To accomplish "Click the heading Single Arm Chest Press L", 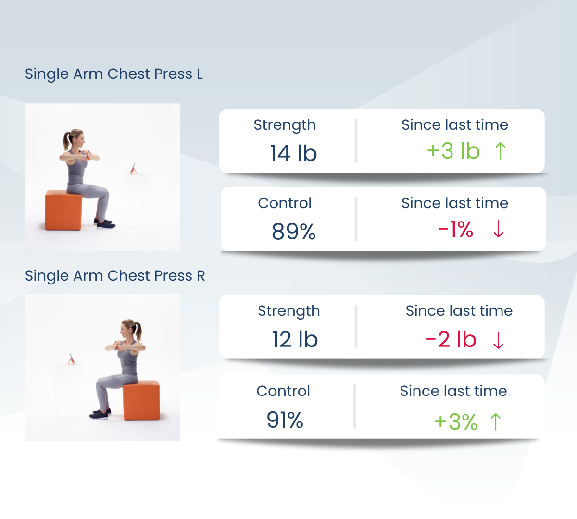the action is [114, 74].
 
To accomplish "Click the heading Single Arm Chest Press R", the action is [115, 276].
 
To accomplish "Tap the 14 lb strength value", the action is [293, 153].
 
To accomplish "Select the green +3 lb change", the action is [453, 151].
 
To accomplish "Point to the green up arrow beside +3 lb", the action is [501, 151].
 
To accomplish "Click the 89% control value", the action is [294, 232].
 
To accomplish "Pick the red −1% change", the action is [456, 229].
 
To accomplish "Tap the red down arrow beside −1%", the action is [499, 229].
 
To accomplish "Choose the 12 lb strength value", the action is [295, 339].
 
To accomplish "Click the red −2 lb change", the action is [451, 339].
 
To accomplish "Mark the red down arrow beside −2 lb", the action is [499, 340].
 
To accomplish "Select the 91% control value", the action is [285, 420].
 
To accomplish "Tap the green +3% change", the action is [456, 422].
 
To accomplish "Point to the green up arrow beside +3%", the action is [496, 422].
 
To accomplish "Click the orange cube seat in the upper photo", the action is [63, 210].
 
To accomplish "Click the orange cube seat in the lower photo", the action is [141, 400].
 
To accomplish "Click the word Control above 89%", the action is [285, 203].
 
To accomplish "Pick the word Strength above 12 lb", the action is [289, 311].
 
